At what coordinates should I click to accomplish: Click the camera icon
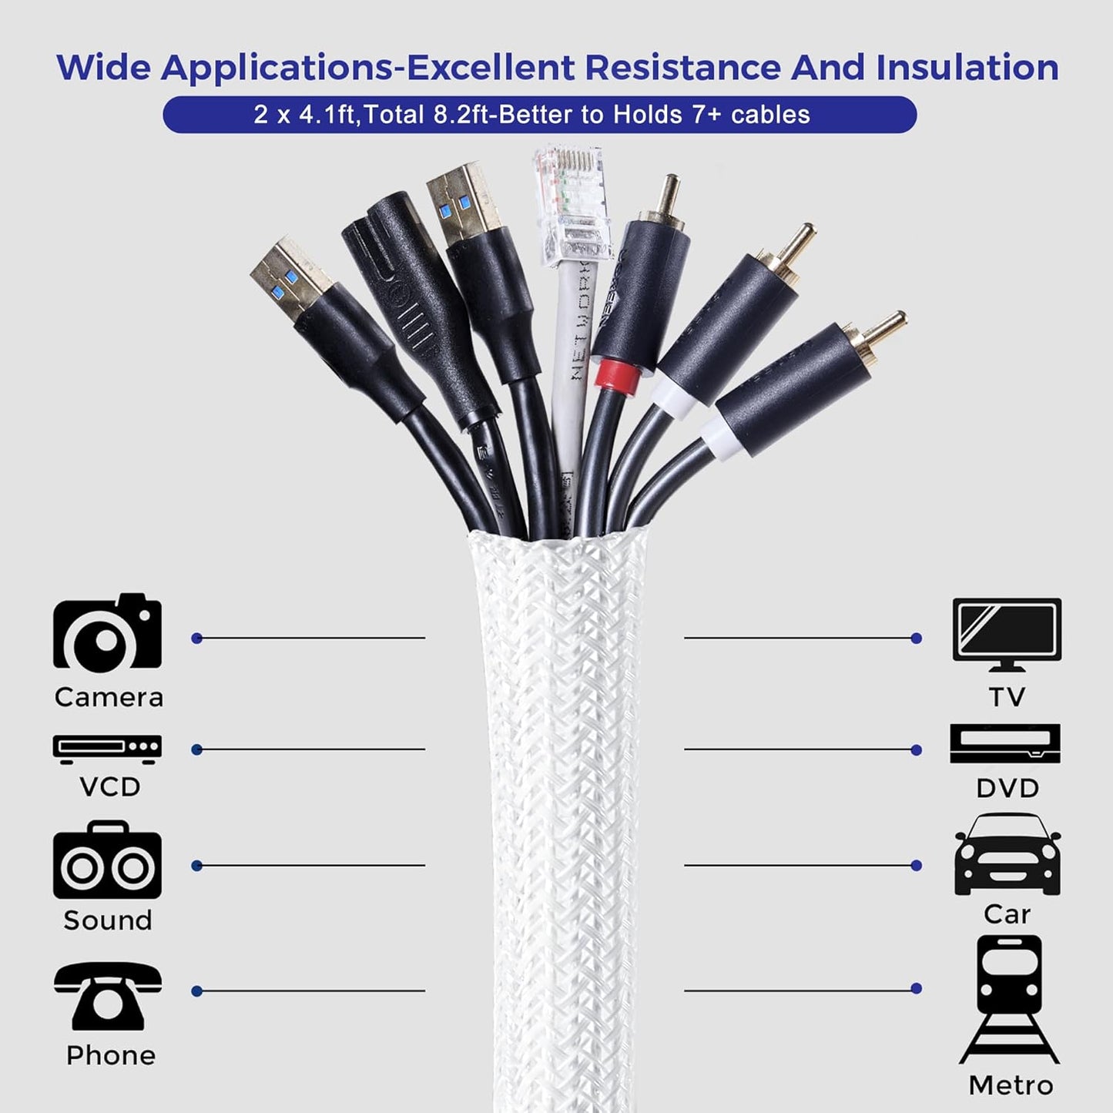tap(107, 632)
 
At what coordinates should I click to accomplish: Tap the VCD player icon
tap(107, 748)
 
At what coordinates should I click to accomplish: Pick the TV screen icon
tap(1007, 634)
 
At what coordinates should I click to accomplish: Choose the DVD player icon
tap(1005, 744)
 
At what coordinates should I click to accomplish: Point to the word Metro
tap(1011, 1085)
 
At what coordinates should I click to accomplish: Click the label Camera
tap(109, 697)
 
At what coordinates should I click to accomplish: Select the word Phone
tap(111, 1055)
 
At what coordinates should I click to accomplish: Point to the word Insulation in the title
tap(967, 68)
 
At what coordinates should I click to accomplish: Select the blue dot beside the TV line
tap(916, 638)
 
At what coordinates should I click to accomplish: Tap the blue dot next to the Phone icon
tap(196, 991)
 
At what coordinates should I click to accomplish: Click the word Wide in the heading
tap(104, 68)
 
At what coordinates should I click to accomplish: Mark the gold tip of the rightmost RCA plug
tap(893, 321)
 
